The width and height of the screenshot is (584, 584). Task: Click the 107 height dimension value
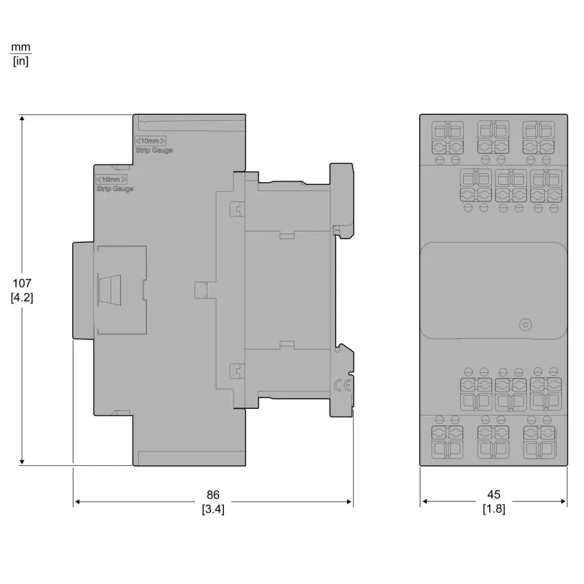click(x=22, y=283)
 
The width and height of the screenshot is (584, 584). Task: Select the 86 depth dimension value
click(x=213, y=495)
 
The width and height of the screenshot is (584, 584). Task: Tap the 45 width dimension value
click(x=494, y=494)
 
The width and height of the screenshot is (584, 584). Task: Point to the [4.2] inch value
click(x=22, y=297)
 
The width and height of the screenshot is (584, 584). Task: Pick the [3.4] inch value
click(x=213, y=508)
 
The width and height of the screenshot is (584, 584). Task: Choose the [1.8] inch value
click(x=494, y=508)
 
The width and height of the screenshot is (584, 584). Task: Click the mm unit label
click(x=21, y=47)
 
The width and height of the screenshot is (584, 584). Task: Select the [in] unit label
click(x=21, y=60)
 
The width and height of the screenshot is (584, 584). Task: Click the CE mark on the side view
click(x=342, y=385)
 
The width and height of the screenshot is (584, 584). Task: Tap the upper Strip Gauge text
click(x=154, y=150)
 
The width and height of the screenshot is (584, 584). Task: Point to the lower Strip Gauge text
click(x=115, y=189)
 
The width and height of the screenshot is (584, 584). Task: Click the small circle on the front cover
click(x=525, y=324)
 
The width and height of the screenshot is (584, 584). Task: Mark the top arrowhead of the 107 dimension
click(x=22, y=118)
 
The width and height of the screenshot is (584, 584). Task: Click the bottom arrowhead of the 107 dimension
click(x=22, y=462)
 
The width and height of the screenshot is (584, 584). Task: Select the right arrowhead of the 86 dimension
click(x=349, y=502)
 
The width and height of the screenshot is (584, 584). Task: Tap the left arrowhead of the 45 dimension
click(x=425, y=502)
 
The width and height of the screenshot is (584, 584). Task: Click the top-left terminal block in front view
click(x=447, y=137)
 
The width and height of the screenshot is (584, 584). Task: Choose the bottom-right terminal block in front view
click(x=539, y=442)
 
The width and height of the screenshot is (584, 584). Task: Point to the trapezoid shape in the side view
click(x=109, y=290)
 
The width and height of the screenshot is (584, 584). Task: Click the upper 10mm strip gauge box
click(x=150, y=141)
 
